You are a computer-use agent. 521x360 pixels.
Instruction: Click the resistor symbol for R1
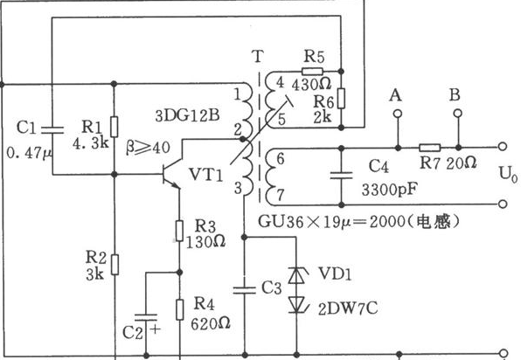[114, 127]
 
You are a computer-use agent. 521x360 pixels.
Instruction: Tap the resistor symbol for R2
[115, 265]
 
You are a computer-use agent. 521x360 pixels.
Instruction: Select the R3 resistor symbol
[179, 231]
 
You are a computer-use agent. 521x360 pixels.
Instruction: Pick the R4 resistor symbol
[180, 309]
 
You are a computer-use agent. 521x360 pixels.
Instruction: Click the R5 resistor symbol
[312, 71]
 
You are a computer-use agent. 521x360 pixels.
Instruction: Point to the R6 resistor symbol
[341, 99]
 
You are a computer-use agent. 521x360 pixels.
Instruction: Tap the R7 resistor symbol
[430, 148]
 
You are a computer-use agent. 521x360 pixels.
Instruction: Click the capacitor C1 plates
[52, 129]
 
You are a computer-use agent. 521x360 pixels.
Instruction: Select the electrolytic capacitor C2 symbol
[146, 317]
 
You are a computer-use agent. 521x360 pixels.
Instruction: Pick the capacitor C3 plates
[245, 290]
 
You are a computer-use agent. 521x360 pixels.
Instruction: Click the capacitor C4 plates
[341, 176]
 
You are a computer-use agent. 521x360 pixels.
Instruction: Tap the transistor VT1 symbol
[171, 174]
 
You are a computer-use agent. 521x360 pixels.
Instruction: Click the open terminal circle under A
[398, 114]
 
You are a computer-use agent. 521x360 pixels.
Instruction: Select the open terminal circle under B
[458, 114]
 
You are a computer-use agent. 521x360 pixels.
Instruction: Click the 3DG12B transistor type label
[187, 116]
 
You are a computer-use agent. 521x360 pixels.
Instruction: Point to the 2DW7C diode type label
[348, 308]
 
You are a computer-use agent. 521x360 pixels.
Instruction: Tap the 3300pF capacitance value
[389, 190]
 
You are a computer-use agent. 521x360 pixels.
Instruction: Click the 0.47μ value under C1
[29, 153]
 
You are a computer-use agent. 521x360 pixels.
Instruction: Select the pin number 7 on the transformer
[280, 195]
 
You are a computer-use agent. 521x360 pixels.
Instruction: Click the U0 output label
[508, 174]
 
